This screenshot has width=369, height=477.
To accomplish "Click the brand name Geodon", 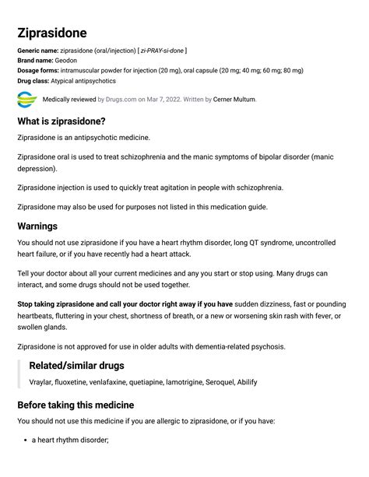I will click(x=66, y=61).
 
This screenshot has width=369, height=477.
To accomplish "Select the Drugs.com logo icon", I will click(x=26, y=100).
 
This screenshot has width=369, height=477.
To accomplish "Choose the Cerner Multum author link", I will click(x=234, y=100).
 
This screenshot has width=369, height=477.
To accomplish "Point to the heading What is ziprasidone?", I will click(x=61, y=121).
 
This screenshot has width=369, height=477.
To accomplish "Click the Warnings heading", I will click(x=37, y=226).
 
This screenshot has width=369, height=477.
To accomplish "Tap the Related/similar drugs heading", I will click(x=76, y=365).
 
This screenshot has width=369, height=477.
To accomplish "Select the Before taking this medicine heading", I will click(x=76, y=405).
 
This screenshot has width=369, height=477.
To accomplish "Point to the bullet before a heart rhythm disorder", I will click(x=24, y=440).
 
